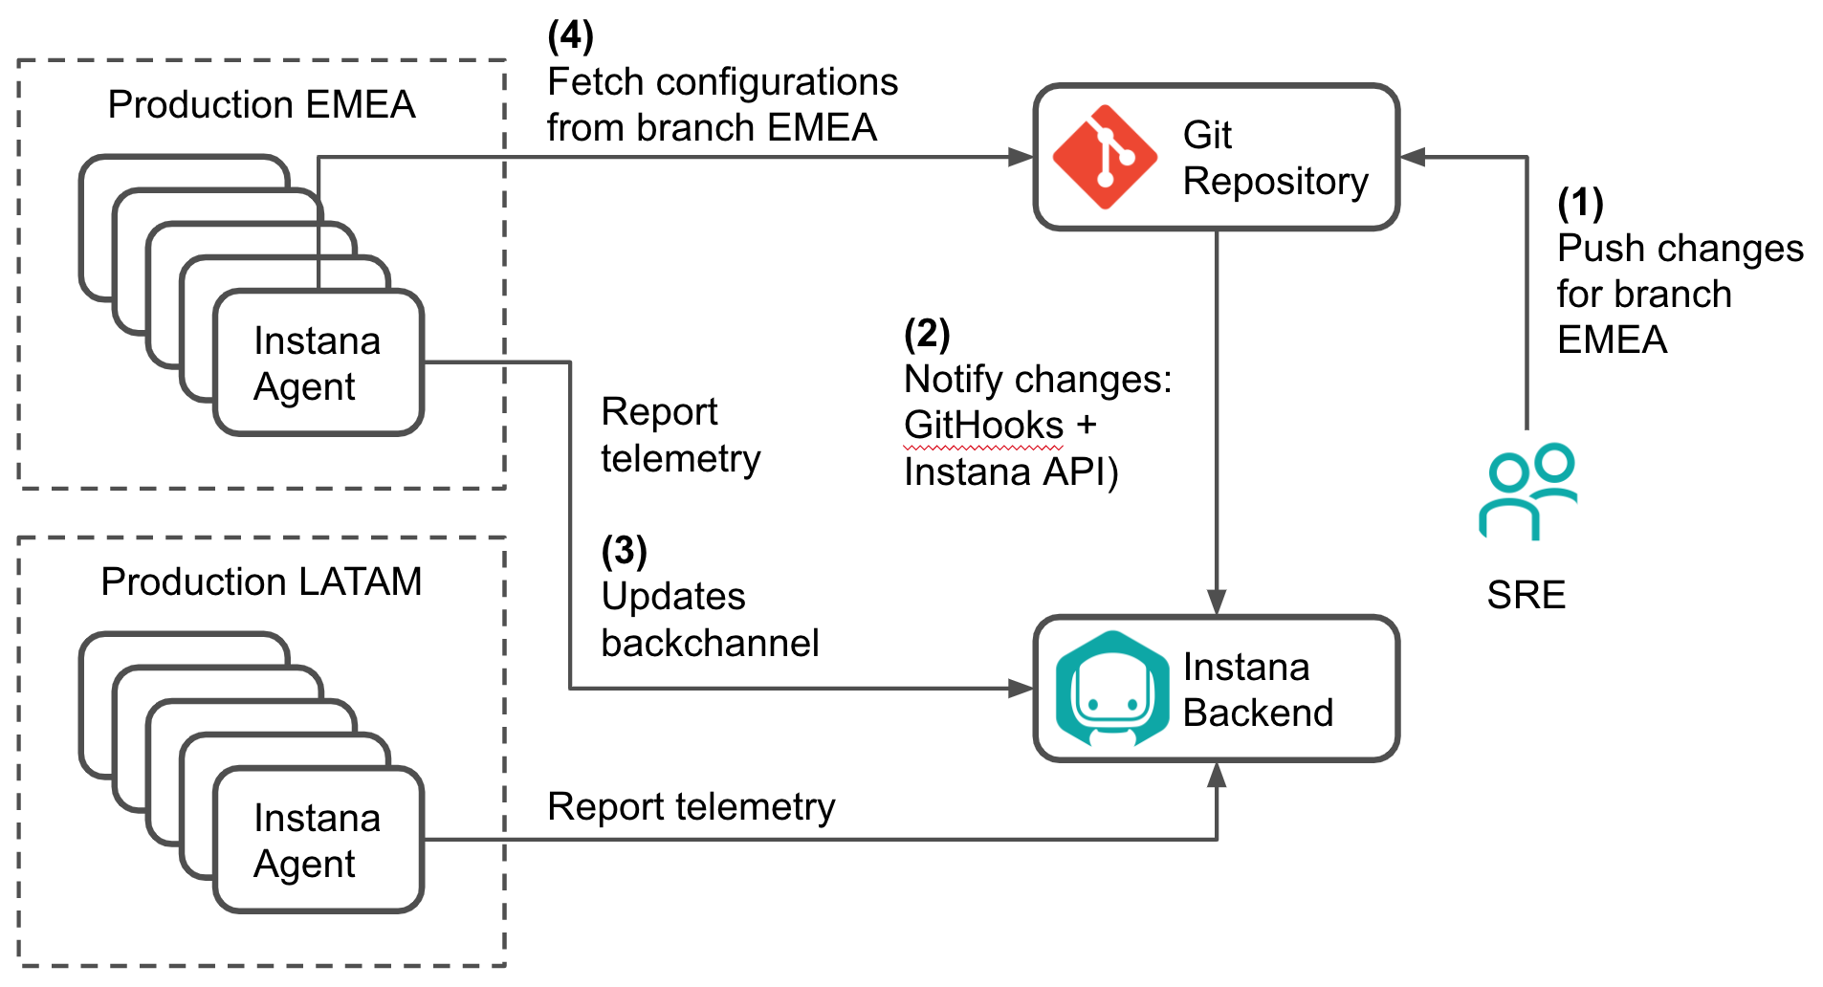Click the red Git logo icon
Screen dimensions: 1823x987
1105,157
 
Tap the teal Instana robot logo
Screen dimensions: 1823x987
1111,689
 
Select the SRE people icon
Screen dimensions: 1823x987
1527,491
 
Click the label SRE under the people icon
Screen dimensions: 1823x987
1526,595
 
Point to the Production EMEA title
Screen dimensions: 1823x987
261,104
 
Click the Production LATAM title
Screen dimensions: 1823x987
261,581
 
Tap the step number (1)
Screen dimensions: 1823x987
1580,202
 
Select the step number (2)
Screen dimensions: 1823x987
927,333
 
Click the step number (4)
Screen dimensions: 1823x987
570,35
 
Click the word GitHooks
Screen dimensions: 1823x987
983,426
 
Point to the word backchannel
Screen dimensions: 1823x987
710,643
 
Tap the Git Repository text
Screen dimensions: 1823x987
1275,158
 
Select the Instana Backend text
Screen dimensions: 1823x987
1258,690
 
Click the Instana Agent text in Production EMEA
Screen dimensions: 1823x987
317,363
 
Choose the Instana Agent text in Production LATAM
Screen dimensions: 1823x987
317,841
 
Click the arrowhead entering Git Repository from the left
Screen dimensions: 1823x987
1021,157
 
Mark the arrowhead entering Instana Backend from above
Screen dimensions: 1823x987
1216,602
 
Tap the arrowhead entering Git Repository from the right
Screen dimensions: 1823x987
1413,157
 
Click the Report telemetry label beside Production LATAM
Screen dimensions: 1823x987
691,806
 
